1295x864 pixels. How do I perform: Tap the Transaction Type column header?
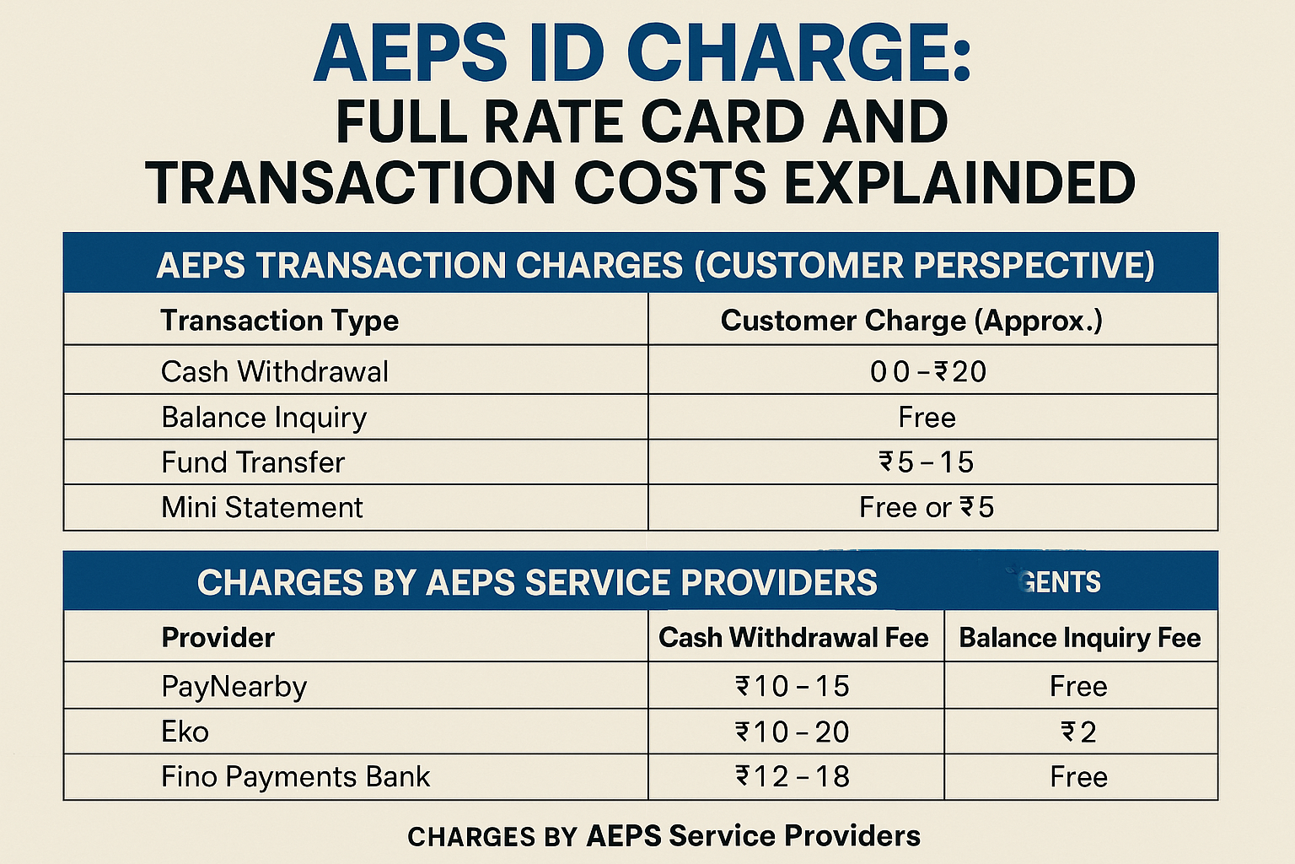279,321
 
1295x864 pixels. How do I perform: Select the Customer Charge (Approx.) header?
911,321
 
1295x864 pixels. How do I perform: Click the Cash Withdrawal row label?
275,371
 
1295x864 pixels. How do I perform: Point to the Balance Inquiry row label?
264,418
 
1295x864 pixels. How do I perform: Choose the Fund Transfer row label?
253,462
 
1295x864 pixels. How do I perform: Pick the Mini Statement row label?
262,507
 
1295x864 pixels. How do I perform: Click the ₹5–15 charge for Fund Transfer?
927,462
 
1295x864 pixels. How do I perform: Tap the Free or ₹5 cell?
927,507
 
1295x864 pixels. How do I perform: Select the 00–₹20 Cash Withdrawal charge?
927,371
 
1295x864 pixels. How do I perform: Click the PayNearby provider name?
234,686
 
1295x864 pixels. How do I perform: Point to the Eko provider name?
185,732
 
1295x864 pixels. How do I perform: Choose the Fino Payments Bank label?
295,776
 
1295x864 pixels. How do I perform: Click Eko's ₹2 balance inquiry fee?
1079,732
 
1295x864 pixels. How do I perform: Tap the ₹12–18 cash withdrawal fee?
793,776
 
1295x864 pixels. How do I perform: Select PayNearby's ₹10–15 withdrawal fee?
793,686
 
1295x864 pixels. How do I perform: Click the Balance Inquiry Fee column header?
1080,638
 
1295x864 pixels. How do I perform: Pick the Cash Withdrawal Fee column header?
793,638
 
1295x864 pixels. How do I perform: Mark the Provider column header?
218,638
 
